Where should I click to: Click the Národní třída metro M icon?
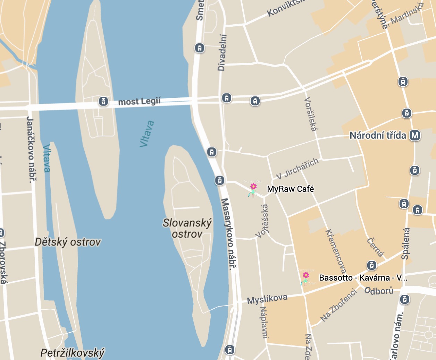(415, 135)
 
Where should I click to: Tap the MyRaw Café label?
(290, 189)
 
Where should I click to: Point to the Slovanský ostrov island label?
(187, 228)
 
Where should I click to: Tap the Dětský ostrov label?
(68, 242)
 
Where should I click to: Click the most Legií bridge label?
(139, 102)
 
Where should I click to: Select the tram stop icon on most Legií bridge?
(103, 101)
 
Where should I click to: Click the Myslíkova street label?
(267, 299)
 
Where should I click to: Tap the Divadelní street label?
(222, 52)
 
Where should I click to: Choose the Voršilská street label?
(310, 114)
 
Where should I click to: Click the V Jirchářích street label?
(297, 169)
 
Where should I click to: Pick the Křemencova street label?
(335, 251)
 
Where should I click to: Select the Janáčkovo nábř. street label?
(31, 149)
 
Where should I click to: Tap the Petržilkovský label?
(72, 353)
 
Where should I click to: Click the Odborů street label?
(379, 291)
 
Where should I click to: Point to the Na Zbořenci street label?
(338, 306)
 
